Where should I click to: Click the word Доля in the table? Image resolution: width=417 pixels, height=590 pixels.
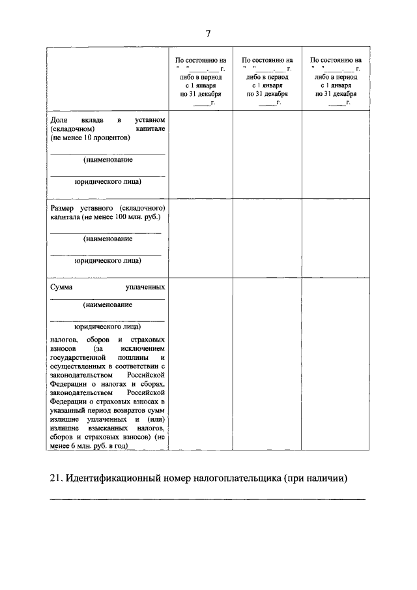60,121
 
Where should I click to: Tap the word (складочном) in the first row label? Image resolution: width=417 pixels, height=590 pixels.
73,130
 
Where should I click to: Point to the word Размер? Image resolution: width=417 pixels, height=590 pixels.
64,208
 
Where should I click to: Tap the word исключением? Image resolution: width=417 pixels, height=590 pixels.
141,349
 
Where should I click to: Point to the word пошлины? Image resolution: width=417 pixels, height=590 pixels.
133,358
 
